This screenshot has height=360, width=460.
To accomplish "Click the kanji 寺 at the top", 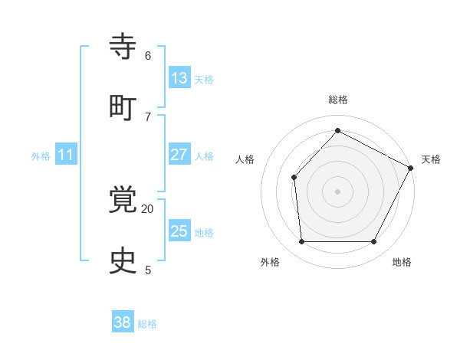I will coord(123,47).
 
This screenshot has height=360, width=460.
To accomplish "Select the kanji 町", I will coord(123,106).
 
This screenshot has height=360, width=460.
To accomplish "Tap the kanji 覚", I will coord(123,201).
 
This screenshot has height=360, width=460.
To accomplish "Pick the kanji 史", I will coord(123,260).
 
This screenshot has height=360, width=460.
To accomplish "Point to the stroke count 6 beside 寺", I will coord(147,55).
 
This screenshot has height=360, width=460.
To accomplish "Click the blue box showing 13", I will coord(179,78).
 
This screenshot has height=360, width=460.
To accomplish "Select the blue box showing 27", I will coord(179,155).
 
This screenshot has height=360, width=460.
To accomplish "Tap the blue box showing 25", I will coord(179,231).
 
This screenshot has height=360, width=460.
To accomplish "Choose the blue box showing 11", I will coord(65,155).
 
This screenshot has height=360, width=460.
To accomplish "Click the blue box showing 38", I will coord(122,322).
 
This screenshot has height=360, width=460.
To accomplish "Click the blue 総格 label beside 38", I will coord(147,324).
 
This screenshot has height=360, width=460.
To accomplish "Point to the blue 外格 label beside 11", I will coord(41,156).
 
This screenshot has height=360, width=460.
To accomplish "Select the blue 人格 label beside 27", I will coord(204,156).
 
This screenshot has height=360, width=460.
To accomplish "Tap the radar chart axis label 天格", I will coord(431,159).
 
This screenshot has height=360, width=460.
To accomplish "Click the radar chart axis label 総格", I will coord(337,100).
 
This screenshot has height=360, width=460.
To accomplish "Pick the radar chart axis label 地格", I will coord(402,262).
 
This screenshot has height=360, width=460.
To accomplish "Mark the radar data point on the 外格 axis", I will coord(301,242).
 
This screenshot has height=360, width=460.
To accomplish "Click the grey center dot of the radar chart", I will coord(337,191).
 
